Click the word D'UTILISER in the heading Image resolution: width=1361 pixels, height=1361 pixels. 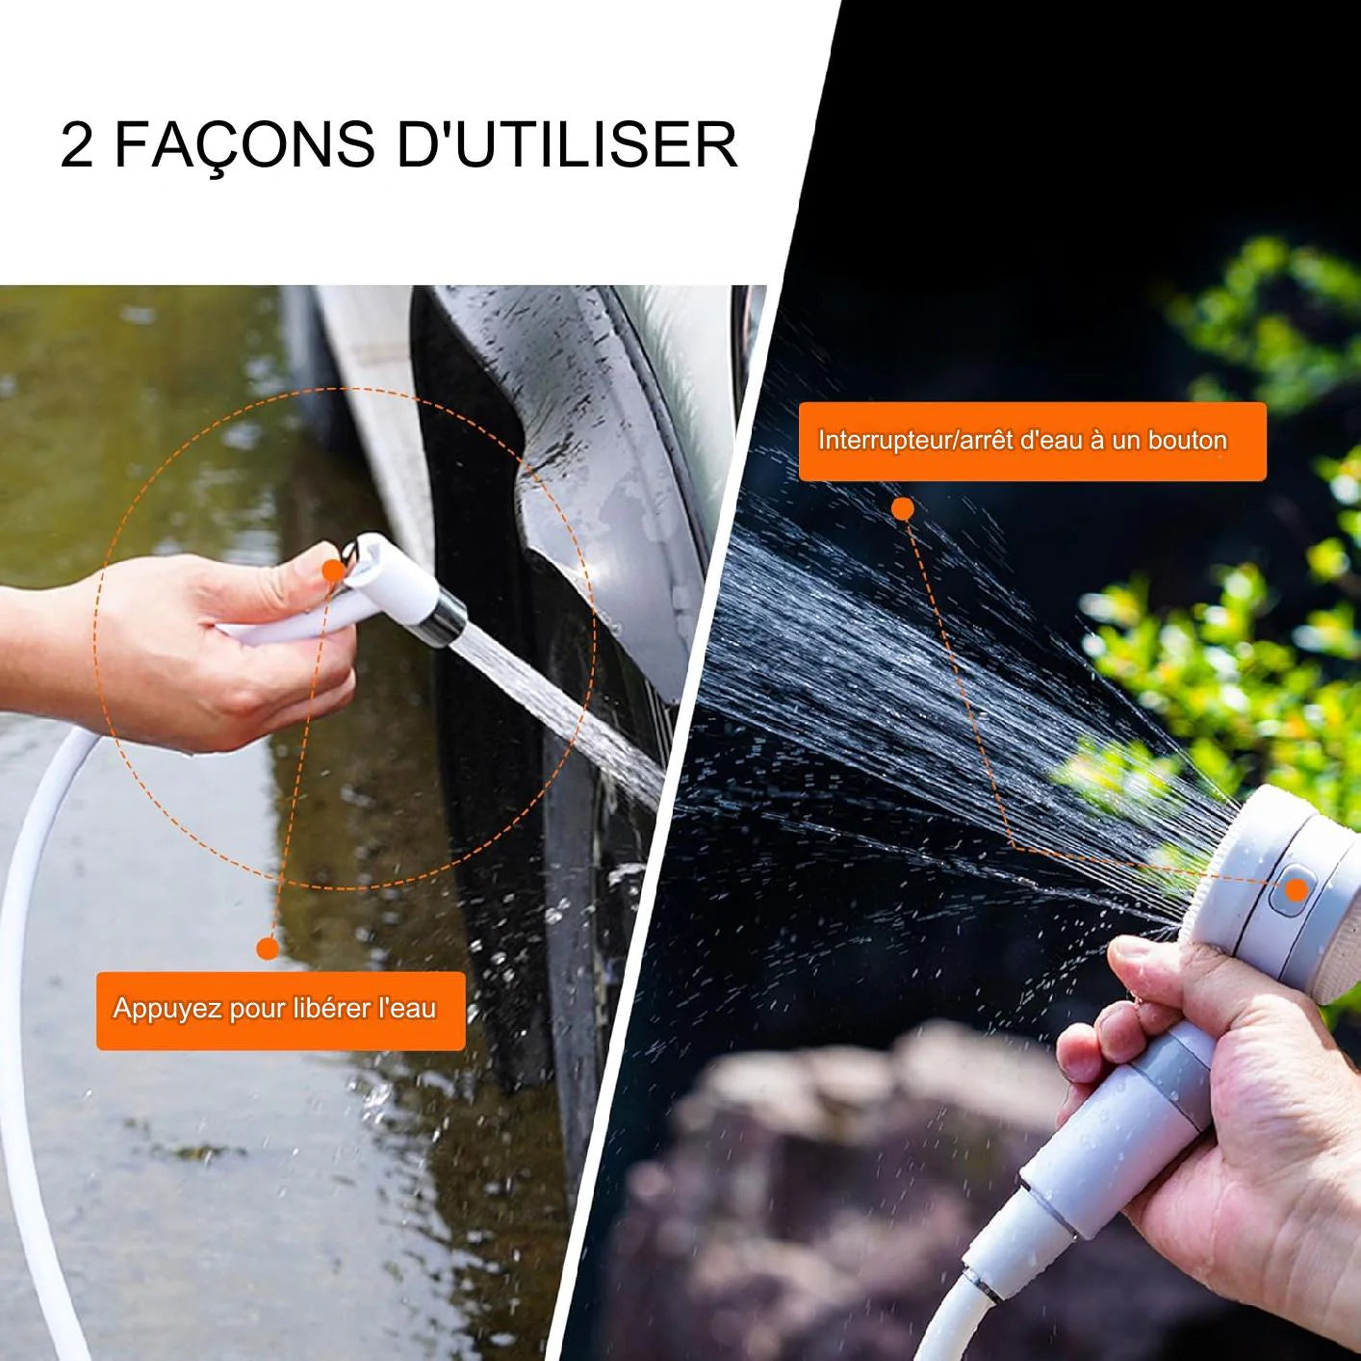(567, 145)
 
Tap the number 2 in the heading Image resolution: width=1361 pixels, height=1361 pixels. (77, 145)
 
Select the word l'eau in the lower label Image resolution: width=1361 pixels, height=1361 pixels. (407, 1009)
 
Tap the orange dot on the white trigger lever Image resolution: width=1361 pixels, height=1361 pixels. (333, 570)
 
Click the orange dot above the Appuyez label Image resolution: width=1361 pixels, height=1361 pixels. (269, 949)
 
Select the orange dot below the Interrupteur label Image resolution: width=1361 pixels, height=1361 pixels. (903, 509)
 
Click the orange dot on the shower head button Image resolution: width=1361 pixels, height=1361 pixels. (1297, 890)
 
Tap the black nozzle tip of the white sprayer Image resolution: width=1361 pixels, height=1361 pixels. (445, 617)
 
